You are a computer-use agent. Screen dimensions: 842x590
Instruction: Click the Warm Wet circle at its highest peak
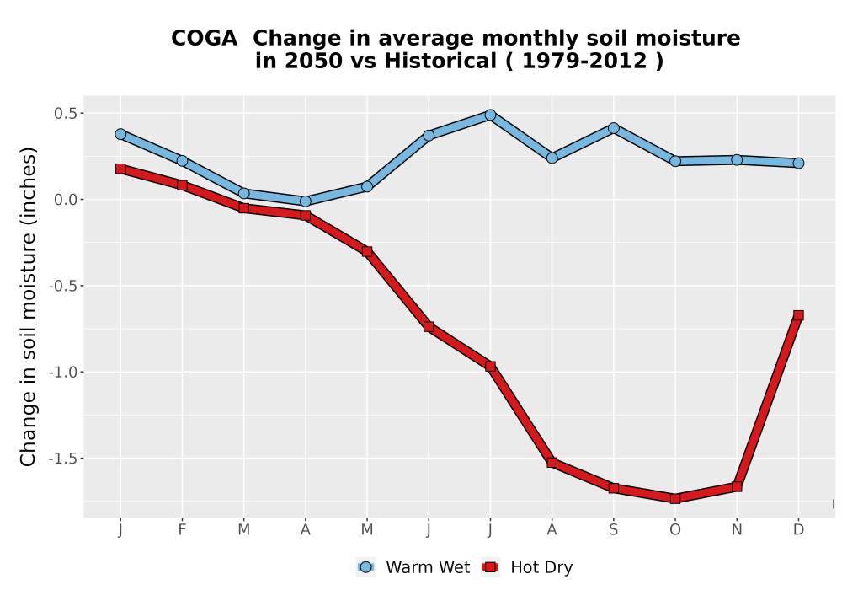[490, 115]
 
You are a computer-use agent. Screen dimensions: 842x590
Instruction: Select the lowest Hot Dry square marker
[675, 499]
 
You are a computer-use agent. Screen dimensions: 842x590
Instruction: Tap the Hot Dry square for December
[798, 315]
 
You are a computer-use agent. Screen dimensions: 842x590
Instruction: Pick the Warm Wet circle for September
[613, 128]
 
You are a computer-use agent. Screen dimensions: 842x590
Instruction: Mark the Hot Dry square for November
[737, 487]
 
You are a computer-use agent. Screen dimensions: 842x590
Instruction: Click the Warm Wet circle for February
[182, 161]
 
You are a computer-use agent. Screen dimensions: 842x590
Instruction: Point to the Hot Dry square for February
[182, 185]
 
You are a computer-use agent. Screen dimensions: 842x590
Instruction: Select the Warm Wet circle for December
[798, 163]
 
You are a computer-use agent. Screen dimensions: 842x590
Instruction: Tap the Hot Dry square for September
[613, 488]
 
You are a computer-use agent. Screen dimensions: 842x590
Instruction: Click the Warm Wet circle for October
[675, 161]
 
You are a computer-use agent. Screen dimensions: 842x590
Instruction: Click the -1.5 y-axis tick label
[62, 459]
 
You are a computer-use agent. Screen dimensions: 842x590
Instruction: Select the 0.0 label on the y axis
[65, 200]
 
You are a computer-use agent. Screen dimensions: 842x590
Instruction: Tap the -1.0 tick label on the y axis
[62, 373]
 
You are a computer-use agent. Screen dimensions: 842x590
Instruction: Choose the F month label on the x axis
[182, 530]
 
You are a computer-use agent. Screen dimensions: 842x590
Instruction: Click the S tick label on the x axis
[613, 530]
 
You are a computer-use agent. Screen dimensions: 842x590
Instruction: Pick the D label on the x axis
[798, 530]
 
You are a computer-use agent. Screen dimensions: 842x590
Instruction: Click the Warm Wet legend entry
[413, 567]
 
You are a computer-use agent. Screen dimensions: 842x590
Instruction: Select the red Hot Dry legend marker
[490, 567]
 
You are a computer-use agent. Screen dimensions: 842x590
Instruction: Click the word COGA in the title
[204, 39]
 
